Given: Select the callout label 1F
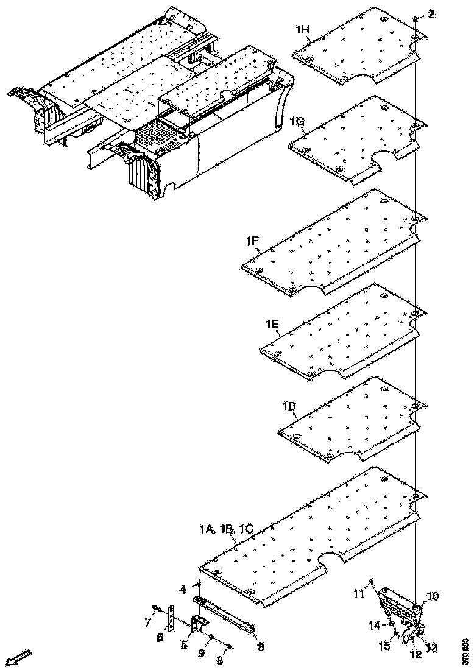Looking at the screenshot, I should click(253, 242).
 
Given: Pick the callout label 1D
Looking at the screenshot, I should click(288, 406).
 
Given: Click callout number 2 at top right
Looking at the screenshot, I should click(431, 14).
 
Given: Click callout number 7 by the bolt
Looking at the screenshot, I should click(147, 622).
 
